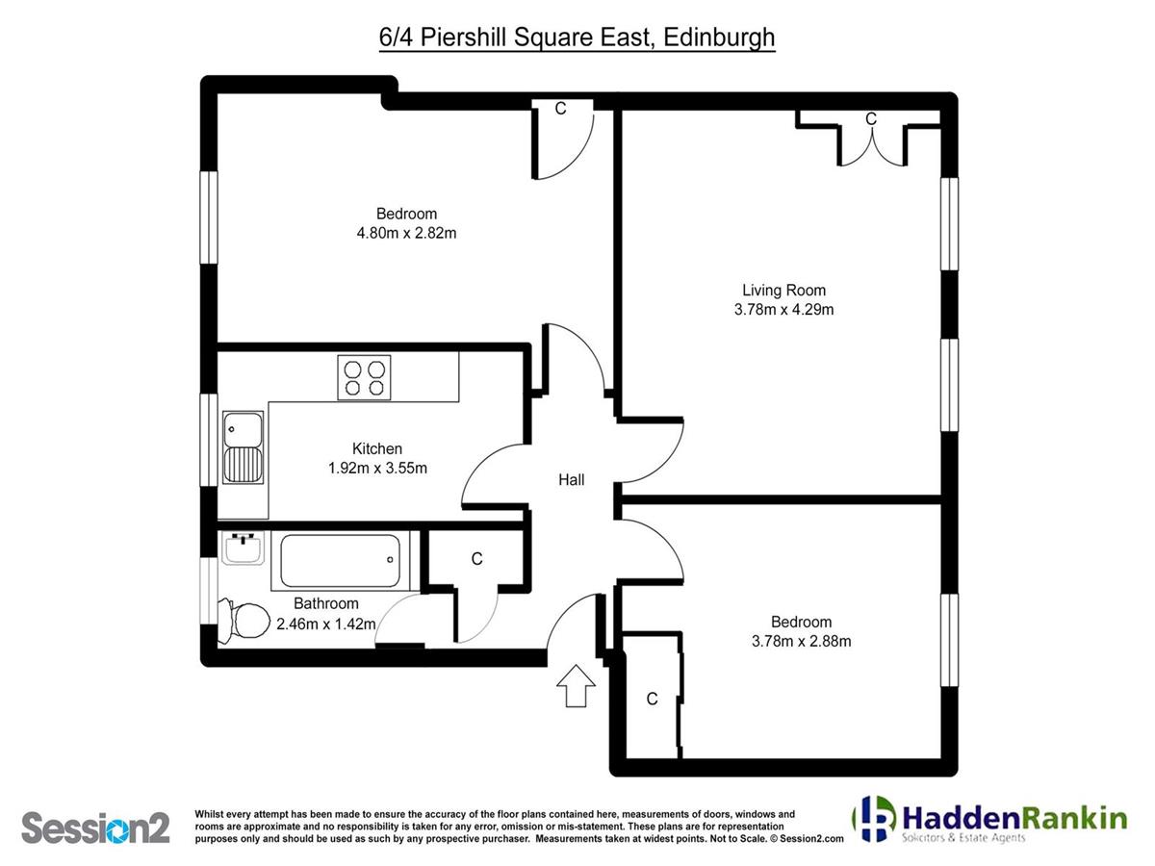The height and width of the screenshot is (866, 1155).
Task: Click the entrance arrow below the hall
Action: tap(576, 686)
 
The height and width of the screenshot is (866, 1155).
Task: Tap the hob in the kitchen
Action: tap(364, 377)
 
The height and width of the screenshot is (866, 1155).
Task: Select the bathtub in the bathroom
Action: tap(341, 561)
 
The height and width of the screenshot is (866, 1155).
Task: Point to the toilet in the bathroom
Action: tap(244, 620)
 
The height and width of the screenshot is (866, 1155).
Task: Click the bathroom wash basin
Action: tap(243, 548)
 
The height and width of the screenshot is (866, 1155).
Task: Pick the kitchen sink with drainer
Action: tap(243, 447)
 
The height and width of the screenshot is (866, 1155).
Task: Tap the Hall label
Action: tap(571, 479)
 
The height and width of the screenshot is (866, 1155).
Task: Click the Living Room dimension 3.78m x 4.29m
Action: tap(783, 309)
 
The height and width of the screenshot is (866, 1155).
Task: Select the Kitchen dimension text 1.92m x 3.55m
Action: tap(377, 468)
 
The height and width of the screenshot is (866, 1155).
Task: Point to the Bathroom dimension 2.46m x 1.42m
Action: tap(325, 624)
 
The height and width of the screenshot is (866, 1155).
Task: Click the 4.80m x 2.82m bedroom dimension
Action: tap(406, 233)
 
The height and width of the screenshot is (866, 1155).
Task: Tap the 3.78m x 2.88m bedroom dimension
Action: tap(801, 641)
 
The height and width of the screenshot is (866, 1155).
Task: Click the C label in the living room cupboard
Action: tap(871, 119)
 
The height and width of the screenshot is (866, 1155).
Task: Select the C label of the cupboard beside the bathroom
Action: tap(476, 558)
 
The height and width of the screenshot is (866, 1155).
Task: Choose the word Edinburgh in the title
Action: tap(719, 38)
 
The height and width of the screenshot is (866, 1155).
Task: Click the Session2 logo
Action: tap(95, 828)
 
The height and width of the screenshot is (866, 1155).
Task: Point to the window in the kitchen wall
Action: tap(209, 440)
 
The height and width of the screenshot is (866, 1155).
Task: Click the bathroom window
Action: tap(209, 591)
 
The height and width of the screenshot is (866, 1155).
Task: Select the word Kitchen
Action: tap(377, 448)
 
